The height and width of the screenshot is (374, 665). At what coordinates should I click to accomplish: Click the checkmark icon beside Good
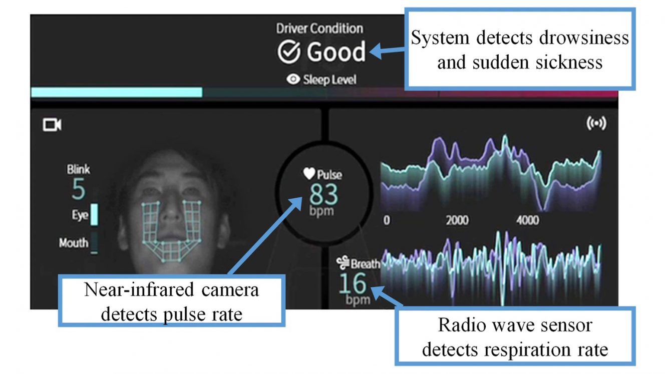click(x=289, y=52)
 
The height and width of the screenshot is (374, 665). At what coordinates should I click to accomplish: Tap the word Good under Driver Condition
click(x=336, y=52)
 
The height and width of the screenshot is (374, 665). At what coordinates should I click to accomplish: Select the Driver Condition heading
click(x=319, y=29)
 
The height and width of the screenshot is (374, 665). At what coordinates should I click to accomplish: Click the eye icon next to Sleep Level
click(x=293, y=79)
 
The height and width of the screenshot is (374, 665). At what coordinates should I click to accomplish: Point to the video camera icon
click(x=52, y=125)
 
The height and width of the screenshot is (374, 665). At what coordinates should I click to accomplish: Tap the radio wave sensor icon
click(x=596, y=123)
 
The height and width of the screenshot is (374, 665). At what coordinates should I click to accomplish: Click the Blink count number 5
click(x=79, y=189)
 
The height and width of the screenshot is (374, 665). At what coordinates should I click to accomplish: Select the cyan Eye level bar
click(x=94, y=214)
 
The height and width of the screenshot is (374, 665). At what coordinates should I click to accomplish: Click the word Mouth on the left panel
click(x=74, y=243)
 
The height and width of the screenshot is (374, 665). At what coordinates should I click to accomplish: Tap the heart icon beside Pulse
click(x=309, y=173)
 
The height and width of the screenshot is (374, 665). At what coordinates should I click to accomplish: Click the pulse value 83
click(x=323, y=194)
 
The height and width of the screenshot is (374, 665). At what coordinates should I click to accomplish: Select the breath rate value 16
click(x=353, y=283)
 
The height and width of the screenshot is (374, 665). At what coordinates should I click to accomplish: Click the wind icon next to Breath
click(x=343, y=262)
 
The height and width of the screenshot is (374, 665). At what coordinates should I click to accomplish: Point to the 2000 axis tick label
click(x=457, y=220)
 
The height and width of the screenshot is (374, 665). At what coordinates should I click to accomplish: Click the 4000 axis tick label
click(x=528, y=220)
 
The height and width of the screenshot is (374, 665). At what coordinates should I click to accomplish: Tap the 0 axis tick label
click(x=387, y=220)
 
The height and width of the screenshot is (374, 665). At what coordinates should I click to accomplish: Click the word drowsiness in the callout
click(x=584, y=38)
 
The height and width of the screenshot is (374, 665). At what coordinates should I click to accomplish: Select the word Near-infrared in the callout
click(x=139, y=290)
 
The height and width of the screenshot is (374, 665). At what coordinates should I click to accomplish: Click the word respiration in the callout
click(x=527, y=349)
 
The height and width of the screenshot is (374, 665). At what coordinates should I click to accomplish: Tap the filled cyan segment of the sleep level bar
click(x=117, y=92)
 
